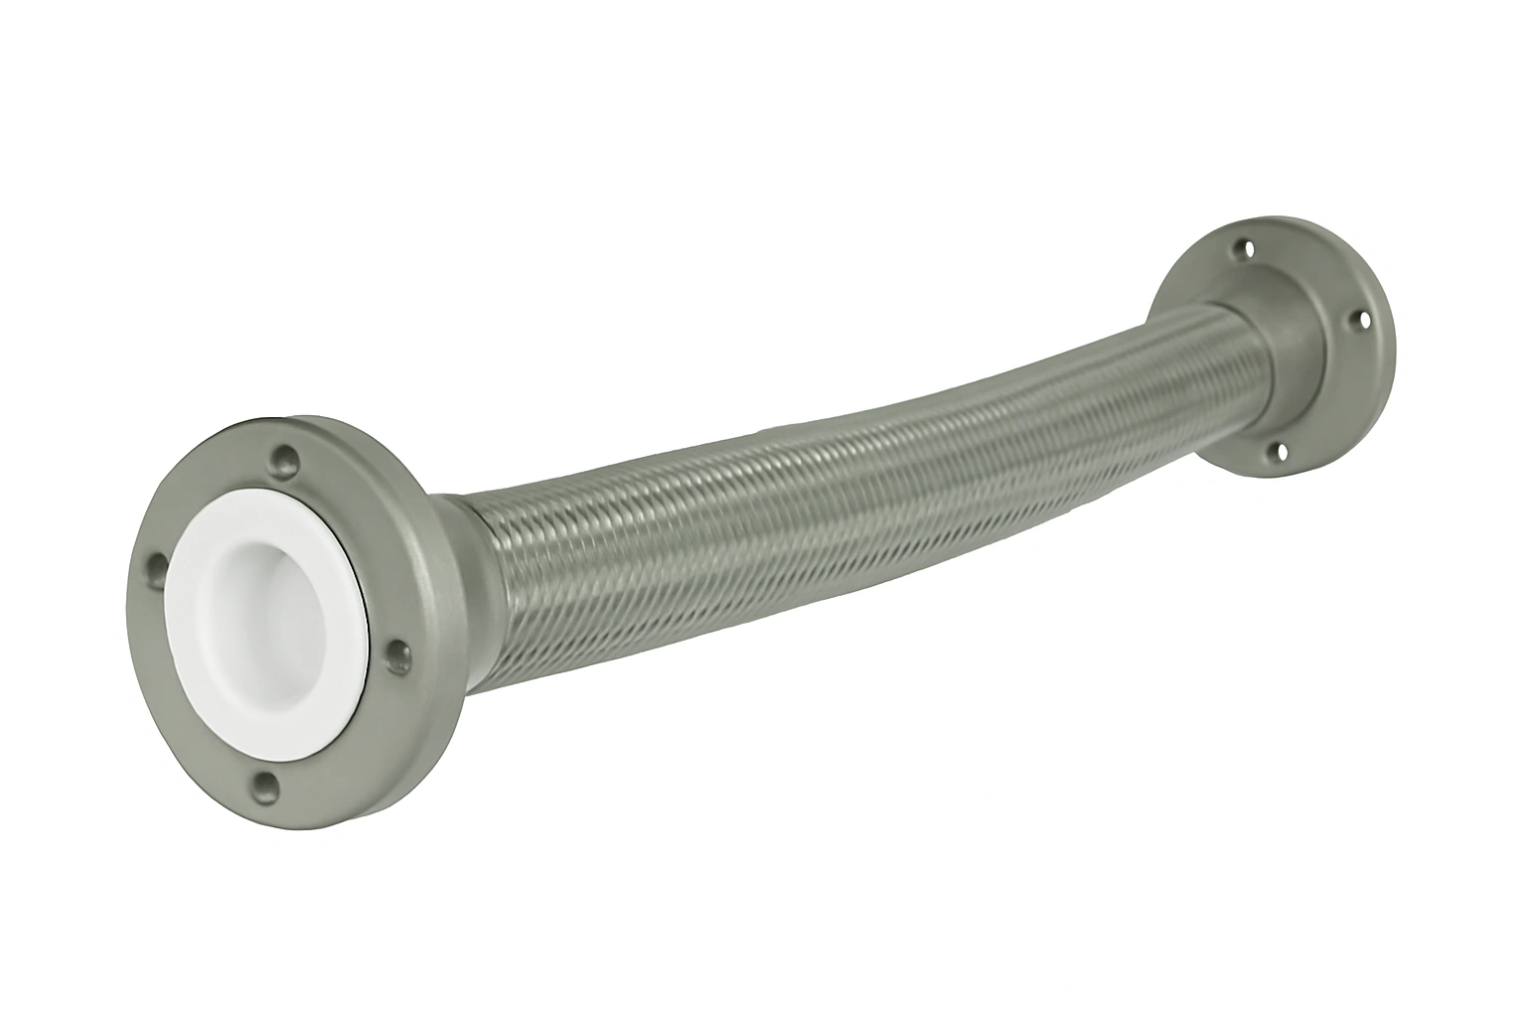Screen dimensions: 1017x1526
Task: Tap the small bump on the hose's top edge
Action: coord(765,428)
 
